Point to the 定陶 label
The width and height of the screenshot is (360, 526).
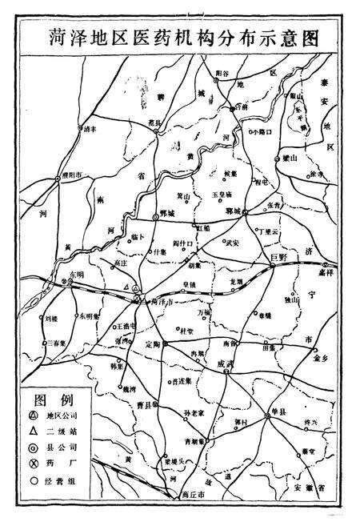[154, 344]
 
